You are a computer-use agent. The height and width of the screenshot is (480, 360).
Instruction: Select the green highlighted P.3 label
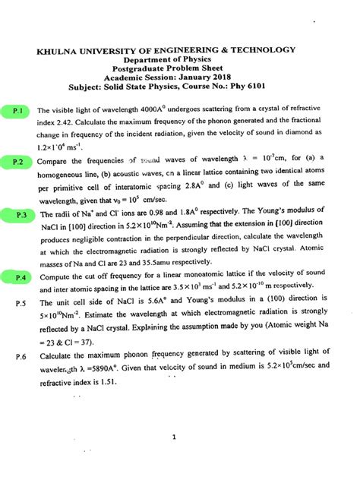pyautogui.click(x=22, y=216)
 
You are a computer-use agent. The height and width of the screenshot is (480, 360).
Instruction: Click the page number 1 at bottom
pyautogui.click(x=174, y=437)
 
